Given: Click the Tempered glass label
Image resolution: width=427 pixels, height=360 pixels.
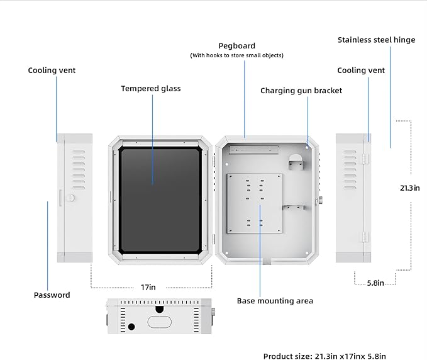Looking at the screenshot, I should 150,89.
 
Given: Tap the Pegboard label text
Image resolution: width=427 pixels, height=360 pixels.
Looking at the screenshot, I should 236,46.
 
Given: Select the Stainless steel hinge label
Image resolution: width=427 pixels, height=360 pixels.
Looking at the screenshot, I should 376,40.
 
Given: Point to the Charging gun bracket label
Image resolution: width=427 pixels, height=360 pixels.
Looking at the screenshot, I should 301,91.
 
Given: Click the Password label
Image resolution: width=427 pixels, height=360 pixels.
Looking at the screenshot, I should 52,295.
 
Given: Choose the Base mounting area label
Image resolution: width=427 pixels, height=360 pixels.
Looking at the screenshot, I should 275,301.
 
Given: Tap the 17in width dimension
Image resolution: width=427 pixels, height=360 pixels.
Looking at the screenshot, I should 148,287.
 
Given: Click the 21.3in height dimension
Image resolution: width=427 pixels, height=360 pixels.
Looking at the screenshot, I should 409,188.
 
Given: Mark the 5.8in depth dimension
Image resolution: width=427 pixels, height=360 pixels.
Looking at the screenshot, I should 375,283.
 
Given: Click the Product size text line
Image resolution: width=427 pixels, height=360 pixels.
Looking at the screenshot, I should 324,356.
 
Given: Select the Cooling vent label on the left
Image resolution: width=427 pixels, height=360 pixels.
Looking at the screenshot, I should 52,70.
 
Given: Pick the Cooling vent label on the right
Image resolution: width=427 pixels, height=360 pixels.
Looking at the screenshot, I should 361,70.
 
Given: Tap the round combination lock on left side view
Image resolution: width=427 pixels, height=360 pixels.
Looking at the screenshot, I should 70,198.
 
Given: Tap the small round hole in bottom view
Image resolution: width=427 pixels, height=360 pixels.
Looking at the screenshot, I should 131,327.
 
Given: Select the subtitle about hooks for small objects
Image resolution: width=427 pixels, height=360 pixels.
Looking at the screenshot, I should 236,55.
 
